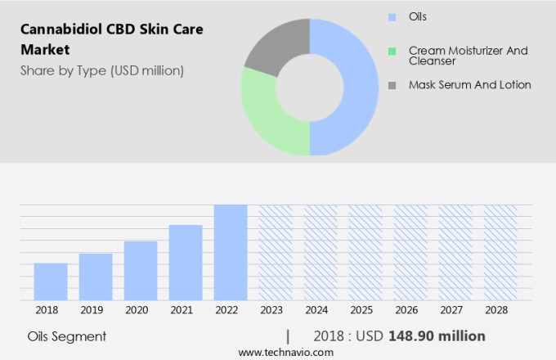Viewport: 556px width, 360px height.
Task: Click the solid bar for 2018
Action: (x=51, y=281)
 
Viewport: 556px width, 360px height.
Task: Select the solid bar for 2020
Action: (x=141, y=271)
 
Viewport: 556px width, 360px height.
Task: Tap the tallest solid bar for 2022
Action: (x=231, y=252)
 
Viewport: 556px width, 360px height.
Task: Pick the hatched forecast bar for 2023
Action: (x=276, y=252)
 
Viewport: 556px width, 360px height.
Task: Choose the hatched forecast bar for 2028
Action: (x=500, y=252)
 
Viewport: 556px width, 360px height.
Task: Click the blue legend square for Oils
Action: (x=392, y=16)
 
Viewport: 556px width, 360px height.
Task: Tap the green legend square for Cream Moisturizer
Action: (x=392, y=51)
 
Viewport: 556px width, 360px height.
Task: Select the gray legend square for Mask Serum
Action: (x=392, y=85)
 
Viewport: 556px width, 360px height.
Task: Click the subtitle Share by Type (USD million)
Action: (x=102, y=70)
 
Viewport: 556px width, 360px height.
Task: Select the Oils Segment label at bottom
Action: (x=66, y=336)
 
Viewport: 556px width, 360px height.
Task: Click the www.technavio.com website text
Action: (x=285, y=352)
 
